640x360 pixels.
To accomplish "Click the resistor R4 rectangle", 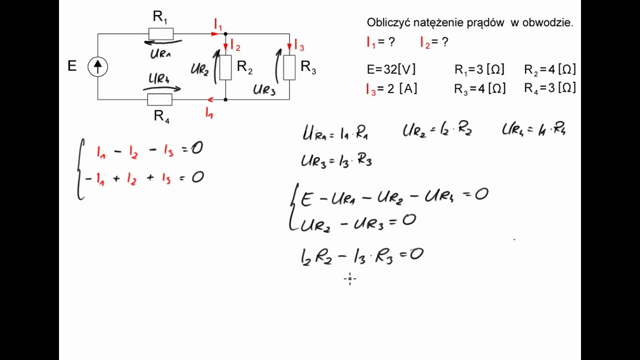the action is click(159, 99).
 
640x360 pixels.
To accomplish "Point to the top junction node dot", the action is click(225, 33).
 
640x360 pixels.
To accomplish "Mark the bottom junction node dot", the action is click(225, 99).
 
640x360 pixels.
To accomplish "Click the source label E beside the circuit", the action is click(72, 66).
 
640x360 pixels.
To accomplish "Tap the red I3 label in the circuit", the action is click(299, 45).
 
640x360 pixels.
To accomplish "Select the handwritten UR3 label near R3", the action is click(264, 89).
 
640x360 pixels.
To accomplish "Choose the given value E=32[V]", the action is click(391, 69).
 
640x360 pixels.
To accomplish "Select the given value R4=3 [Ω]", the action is click(550, 88).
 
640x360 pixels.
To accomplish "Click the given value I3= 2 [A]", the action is click(391, 89).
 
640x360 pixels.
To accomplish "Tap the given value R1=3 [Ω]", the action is click(479, 69).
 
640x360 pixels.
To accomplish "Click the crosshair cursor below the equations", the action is click(349, 278).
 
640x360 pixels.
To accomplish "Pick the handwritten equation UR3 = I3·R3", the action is click(336, 161).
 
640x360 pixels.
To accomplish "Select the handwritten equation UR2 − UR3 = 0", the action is click(358, 223).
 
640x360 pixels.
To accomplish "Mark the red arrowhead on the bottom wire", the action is click(210, 99).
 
